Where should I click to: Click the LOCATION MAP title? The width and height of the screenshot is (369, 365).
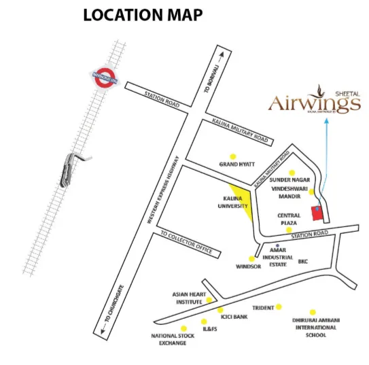coord(143,15)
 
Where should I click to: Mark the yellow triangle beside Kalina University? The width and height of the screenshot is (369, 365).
coord(245,202)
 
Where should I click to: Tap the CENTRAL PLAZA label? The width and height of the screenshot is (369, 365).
coord(288,220)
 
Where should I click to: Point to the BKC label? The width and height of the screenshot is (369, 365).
coord(303,260)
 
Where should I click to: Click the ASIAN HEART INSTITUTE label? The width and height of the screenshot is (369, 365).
coord(188,298)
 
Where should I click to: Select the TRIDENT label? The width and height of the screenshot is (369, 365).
coord(263,307)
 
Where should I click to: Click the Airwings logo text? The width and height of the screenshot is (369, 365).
coord(314,103)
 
